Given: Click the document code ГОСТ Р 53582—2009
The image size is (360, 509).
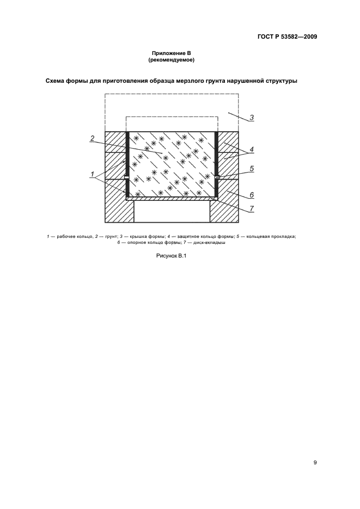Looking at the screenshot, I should click(x=288, y=37).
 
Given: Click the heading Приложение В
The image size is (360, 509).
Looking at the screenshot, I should click(x=171, y=53).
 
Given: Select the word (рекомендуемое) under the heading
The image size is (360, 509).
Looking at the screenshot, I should click(x=171, y=60).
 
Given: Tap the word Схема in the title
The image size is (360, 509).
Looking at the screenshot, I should click(x=57, y=82).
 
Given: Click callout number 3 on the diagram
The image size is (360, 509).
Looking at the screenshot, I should click(x=252, y=117).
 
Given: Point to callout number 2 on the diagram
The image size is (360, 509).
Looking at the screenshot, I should click(x=93, y=138).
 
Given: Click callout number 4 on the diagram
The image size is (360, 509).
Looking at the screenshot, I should click(x=252, y=149).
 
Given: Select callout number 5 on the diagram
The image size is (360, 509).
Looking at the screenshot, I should click(x=252, y=169).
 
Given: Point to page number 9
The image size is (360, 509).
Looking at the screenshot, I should click(x=315, y=463).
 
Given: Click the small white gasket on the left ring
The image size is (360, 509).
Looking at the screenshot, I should click(x=126, y=177).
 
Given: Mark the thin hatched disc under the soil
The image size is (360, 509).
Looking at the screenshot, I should click(x=172, y=199).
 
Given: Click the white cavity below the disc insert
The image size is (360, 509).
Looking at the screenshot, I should click(x=172, y=211).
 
